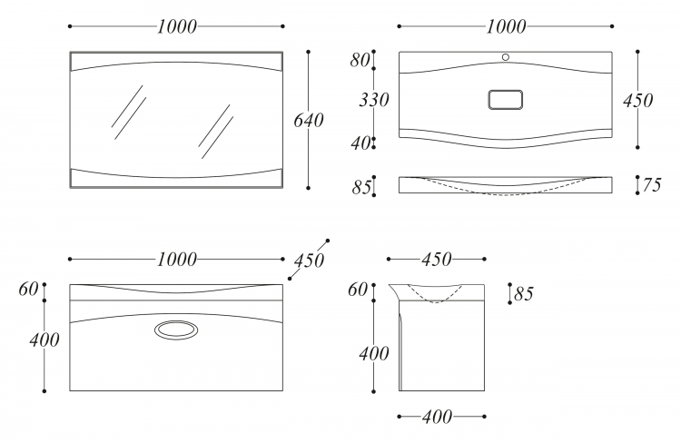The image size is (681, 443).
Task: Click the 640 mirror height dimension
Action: pyautogui.click(x=309, y=121)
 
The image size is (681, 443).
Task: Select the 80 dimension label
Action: pyautogui.click(x=360, y=61)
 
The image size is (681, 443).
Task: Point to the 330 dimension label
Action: pyautogui.click(x=373, y=100)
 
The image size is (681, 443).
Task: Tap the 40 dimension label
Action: pyautogui.click(x=360, y=143)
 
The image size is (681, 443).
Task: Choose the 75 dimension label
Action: pyautogui.click(x=651, y=185)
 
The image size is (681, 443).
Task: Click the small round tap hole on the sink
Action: pyautogui.click(x=506, y=57)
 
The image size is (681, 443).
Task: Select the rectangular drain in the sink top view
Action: pyautogui.click(x=505, y=100)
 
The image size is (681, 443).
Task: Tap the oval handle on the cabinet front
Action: pyautogui.click(x=176, y=330)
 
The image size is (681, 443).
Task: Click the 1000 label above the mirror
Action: pyautogui.click(x=176, y=27)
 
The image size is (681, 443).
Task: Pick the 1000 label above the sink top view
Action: pyautogui.click(x=506, y=27)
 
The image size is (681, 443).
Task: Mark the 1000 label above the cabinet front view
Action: pyautogui.click(x=176, y=260)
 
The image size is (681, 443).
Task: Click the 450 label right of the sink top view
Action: pyautogui.click(x=637, y=101)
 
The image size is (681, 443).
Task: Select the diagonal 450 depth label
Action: pyautogui.click(x=309, y=261)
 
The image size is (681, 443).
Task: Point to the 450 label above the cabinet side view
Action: pyautogui.click(x=437, y=260)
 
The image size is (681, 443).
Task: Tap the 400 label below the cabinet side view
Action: pyautogui.click(x=437, y=418)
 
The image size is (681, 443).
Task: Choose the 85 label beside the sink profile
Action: pyautogui.click(x=361, y=188)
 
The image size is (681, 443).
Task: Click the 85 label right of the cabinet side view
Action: pyautogui.click(x=523, y=294)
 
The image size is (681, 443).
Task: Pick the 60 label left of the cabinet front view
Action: pyautogui.click(x=28, y=289)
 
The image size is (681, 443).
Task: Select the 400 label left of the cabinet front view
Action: pyautogui.click(x=44, y=340)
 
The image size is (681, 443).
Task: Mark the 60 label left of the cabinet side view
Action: pyautogui.click(x=358, y=290)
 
